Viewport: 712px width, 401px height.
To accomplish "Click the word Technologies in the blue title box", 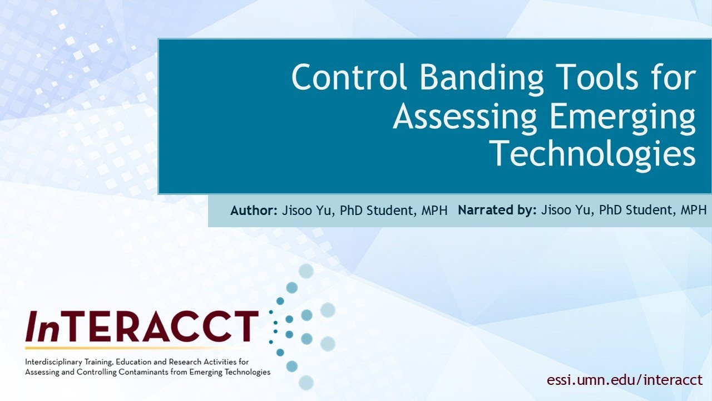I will tap(593, 154).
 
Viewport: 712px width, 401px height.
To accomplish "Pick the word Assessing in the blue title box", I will tap(465, 116).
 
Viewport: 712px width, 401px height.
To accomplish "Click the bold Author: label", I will tap(253, 211).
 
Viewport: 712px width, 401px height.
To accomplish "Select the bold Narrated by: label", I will tap(497, 211).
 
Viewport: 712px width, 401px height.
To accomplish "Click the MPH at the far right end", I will tap(693, 211).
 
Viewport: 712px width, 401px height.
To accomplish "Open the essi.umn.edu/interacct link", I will tap(625, 380).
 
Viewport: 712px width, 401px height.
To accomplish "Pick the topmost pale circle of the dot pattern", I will tap(306, 271).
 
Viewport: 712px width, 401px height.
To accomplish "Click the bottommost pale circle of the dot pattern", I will tap(306, 383).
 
